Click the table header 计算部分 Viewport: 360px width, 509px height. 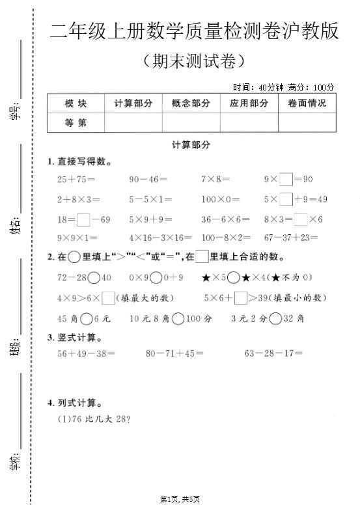[133, 103]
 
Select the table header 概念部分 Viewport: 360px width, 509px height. [191, 103]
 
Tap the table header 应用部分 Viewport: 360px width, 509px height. [249, 103]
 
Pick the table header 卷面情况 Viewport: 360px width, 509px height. [307, 103]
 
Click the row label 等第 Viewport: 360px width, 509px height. [76, 122]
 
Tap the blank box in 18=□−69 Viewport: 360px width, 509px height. [83, 219]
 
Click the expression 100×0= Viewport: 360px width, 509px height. [220, 199]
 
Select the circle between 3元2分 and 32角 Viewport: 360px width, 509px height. [275, 318]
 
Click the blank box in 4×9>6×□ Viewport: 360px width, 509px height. [108, 298]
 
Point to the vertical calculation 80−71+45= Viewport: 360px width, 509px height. [174, 353]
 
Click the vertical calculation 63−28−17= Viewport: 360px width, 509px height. [273, 353]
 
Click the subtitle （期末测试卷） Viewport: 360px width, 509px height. [193, 62]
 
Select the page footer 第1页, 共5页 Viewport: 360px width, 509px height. [180, 499]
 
